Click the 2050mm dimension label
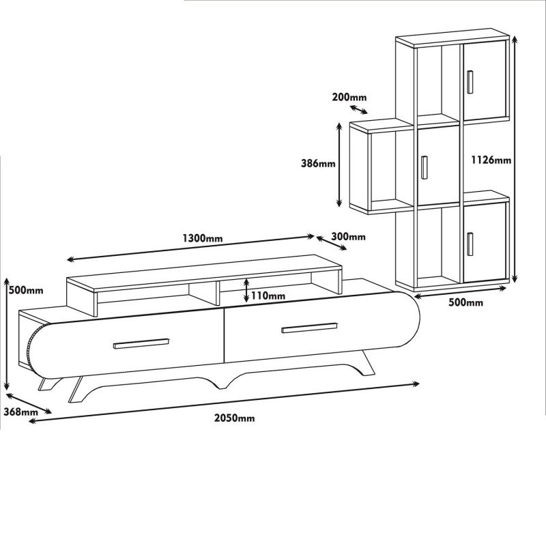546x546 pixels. coord(234,418)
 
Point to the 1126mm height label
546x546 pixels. coord(491,160)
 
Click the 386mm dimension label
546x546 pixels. coord(318,163)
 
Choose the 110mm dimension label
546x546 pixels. coord(268,296)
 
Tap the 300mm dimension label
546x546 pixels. coord(347,237)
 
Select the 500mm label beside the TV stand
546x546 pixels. coord(25,289)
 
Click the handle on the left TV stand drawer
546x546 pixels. coord(141,343)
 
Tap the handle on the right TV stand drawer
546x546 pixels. coord(309,329)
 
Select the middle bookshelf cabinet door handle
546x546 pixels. coord(424,167)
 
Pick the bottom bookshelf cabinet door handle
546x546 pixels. coord(470,244)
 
